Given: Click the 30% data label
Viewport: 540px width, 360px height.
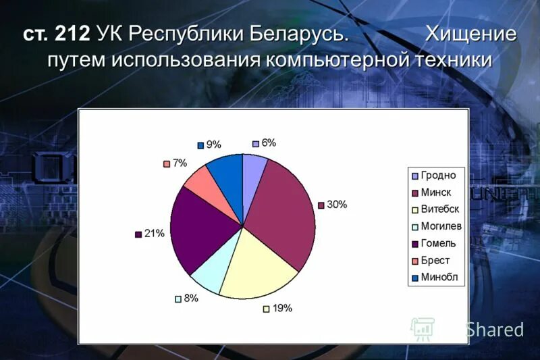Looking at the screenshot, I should pyautogui.click(x=336, y=205).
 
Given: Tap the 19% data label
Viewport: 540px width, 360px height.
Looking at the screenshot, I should pyautogui.click(x=281, y=309).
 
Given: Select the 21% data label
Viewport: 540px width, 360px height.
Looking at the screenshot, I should pyautogui.click(x=155, y=234).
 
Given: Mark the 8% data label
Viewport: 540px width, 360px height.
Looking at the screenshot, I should pyautogui.click(x=191, y=298).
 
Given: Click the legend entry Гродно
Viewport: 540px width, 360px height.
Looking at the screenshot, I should pyautogui.click(x=438, y=176).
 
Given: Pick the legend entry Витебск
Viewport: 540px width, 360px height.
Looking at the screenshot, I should pyautogui.click(x=440, y=209).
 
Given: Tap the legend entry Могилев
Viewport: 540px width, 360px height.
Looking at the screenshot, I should pyautogui.click(x=441, y=226).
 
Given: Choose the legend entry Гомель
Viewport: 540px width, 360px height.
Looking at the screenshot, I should pyautogui.click(x=438, y=243).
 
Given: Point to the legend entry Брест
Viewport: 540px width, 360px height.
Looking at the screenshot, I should pyautogui.click(x=435, y=260).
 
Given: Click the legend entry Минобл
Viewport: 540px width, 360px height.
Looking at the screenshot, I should pyautogui.click(x=439, y=277).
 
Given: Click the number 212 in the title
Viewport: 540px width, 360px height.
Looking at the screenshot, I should pyautogui.click(x=72, y=34).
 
